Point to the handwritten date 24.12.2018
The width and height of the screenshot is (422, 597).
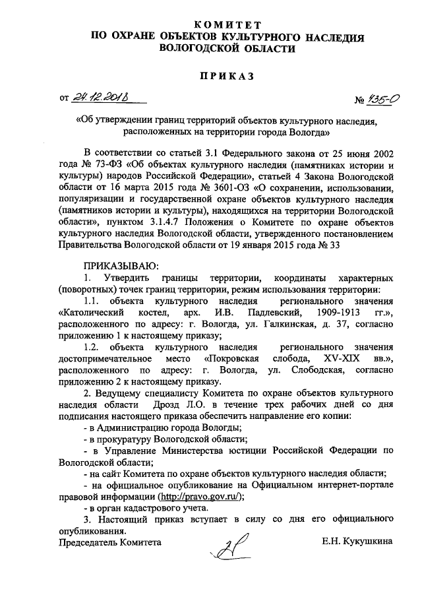[x=103, y=99]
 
